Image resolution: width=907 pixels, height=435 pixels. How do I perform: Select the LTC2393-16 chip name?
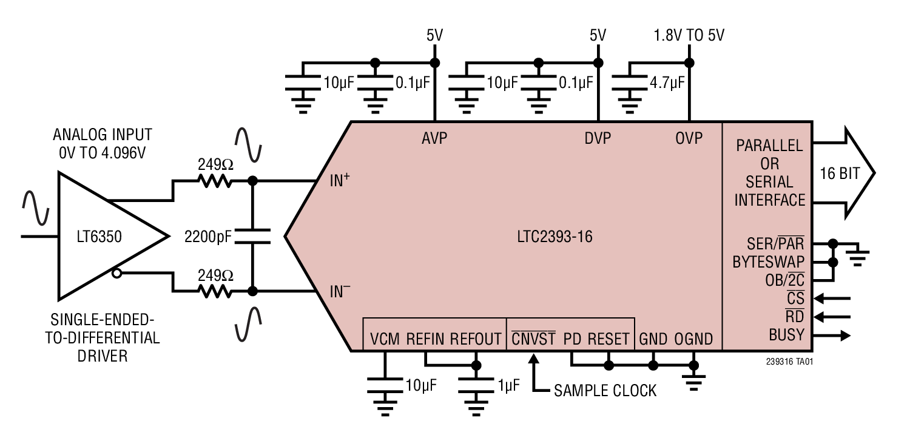click(551, 237)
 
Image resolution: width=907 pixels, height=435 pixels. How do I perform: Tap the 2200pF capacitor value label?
click(208, 237)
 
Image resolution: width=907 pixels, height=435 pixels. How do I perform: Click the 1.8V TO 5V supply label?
click(689, 35)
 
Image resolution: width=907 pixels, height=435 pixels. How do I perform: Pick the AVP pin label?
click(434, 139)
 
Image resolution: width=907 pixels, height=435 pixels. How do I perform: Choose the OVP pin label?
click(689, 139)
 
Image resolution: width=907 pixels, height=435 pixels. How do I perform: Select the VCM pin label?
click(385, 339)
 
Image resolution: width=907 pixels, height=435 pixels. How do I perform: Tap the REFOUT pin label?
click(476, 339)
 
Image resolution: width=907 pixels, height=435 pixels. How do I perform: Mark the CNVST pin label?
click(533, 339)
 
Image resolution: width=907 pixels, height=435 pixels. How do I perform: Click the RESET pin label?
click(609, 339)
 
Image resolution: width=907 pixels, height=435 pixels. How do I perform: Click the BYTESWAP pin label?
click(768, 262)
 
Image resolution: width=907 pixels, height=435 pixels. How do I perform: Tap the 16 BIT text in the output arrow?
click(840, 174)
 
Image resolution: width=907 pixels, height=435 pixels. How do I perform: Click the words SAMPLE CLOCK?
click(605, 391)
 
